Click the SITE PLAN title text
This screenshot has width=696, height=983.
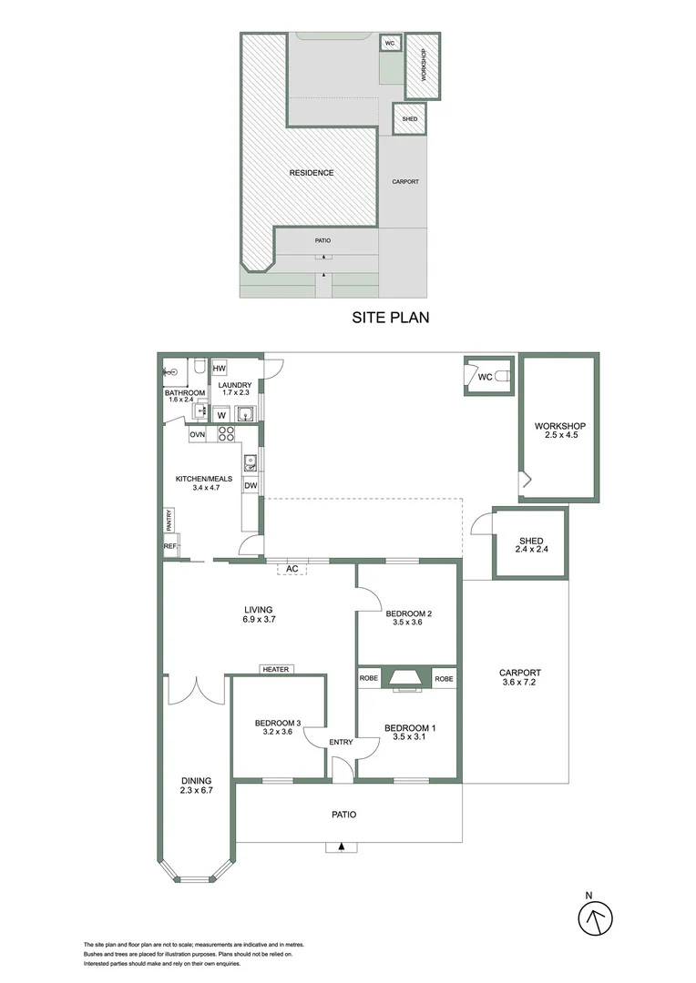click(390, 318)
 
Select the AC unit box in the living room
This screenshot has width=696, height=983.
click(292, 568)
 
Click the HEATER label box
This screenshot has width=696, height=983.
click(275, 669)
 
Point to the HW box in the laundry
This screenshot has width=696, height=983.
click(220, 369)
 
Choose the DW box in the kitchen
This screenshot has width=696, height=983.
click(251, 486)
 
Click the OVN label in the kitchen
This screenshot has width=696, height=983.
click(198, 435)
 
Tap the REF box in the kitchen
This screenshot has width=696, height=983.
click(169, 546)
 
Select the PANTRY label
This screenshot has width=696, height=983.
click(169, 521)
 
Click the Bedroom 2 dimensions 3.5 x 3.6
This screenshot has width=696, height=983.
click(409, 623)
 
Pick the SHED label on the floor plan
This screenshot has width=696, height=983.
click(530, 541)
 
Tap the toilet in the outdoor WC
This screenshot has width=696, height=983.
click(502, 376)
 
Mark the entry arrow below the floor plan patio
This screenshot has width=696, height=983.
click(342, 846)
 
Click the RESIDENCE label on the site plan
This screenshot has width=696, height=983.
click(312, 173)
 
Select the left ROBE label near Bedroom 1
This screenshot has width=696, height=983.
click(369, 678)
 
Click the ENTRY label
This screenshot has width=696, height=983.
click(341, 742)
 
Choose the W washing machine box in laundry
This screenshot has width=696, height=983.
click(220, 414)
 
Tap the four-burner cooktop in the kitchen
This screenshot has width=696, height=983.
click(227, 435)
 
